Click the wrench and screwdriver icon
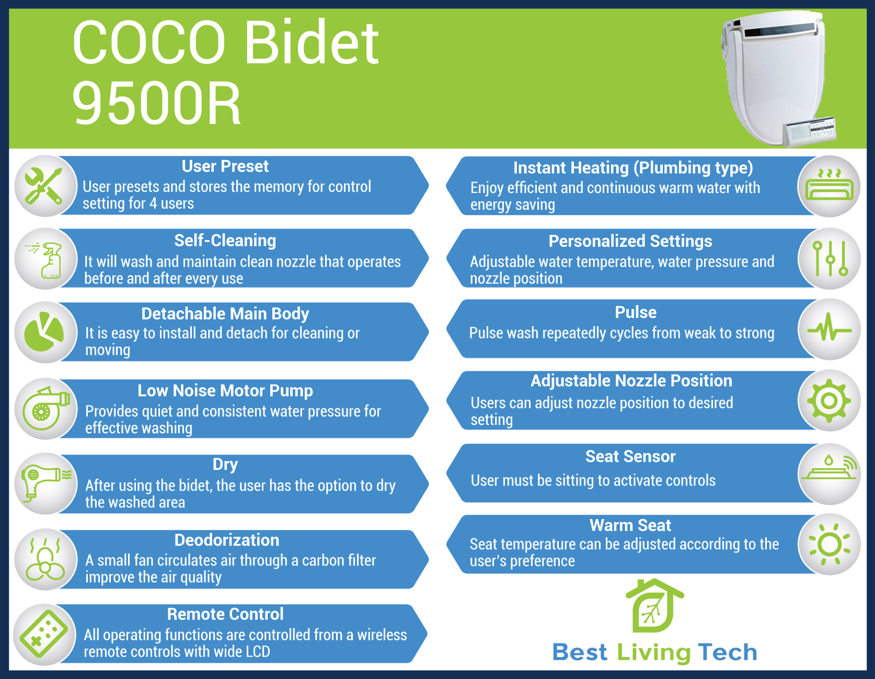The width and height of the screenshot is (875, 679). (44, 186)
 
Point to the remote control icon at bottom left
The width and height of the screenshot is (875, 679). (43, 633)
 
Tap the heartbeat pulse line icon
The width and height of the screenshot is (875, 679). (830, 330)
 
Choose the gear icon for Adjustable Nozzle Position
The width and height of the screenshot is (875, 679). (829, 401)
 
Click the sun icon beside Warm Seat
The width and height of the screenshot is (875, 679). (830, 545)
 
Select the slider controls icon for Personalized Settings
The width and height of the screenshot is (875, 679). (830, 258)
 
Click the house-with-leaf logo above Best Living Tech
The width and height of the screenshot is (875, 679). (654, 606)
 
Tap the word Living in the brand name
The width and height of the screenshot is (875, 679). (654, 653)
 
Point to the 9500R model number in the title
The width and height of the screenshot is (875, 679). (156, 104)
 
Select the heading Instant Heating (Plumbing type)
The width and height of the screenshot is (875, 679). (633, 168)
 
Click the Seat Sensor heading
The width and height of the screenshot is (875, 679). (630, 457)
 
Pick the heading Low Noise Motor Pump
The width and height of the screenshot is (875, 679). (225, 391)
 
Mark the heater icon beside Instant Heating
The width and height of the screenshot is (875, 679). (829, 185)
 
